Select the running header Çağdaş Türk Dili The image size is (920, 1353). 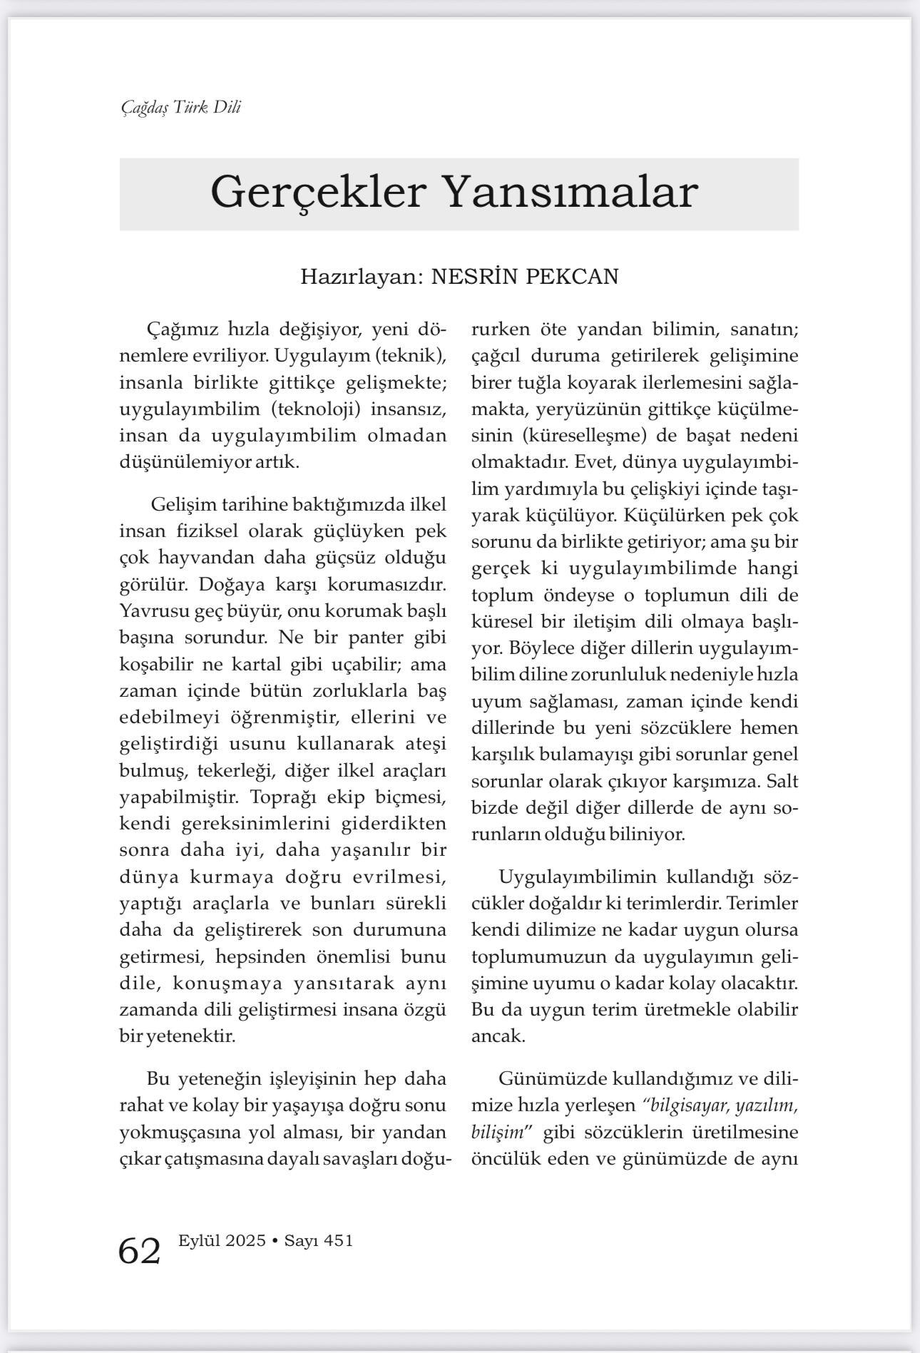click(180, 107)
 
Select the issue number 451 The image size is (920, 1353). click(338, 1240)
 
